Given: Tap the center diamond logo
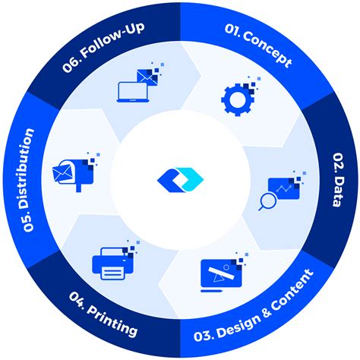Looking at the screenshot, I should [x=179, y=179].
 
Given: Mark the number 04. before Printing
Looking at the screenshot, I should [x=79, y=301].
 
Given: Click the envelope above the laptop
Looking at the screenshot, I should [x=144, y=74].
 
